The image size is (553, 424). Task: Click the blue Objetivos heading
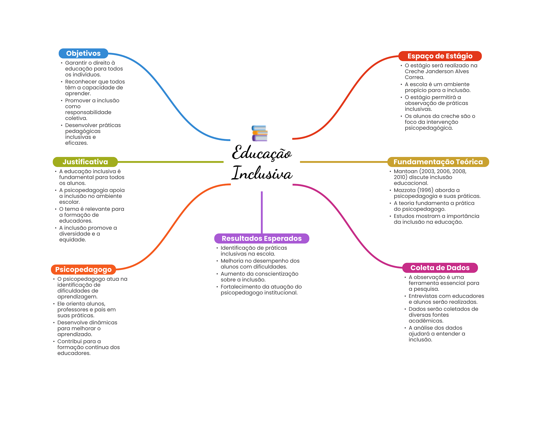tap(83, 54)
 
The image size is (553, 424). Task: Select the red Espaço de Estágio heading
tap(440, 56)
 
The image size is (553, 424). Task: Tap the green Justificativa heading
tap(85, 162)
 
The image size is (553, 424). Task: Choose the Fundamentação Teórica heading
tap(438, 162)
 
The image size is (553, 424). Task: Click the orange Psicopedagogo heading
tap(83, 269)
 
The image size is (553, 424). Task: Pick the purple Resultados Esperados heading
tap(262, 238)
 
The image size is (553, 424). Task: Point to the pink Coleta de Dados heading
tap(440, 268)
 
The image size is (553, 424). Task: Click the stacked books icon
tap(260, 133)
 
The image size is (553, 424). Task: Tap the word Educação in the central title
tap(262, 153)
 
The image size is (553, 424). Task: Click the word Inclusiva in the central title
tap(262, 173)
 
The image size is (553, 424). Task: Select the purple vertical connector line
tap(262, 212)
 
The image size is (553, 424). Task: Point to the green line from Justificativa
tap(171, 162)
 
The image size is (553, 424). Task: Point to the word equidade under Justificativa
tap(72, 240)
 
